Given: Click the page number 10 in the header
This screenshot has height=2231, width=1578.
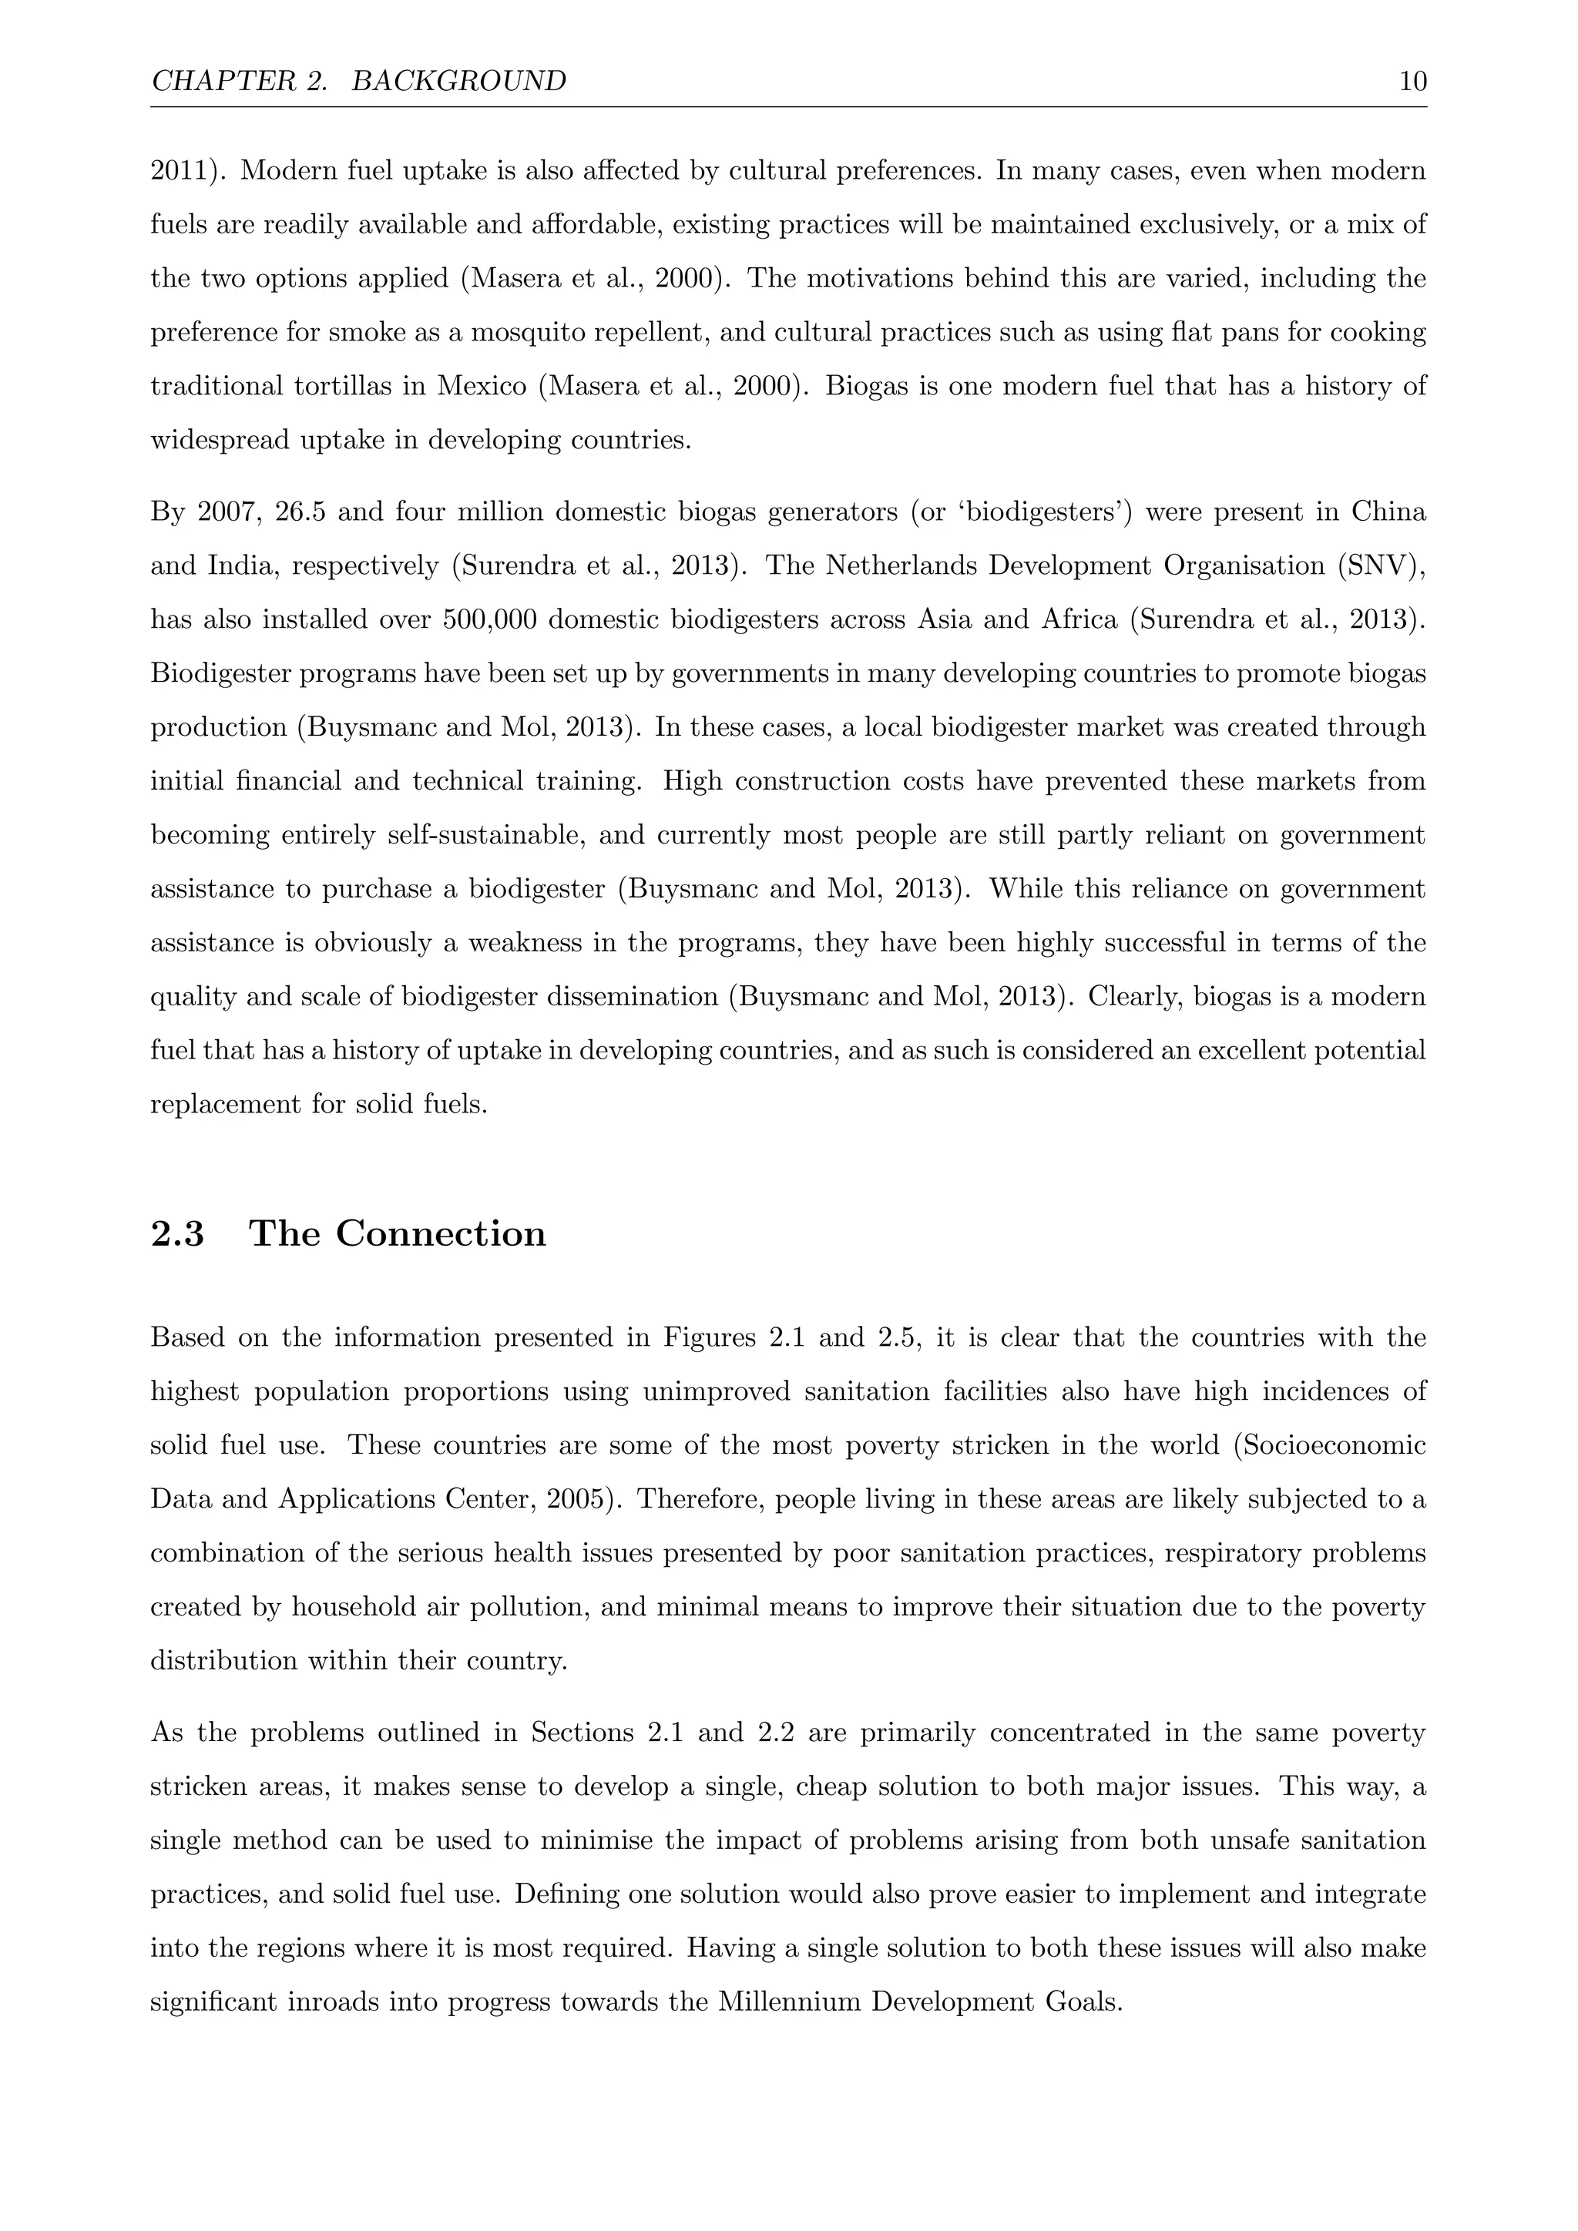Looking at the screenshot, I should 1412,81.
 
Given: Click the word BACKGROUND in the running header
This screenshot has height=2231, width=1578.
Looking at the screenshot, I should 458,81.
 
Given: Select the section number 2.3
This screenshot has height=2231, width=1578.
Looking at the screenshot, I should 178,1233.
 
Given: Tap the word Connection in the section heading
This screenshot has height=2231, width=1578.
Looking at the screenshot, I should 442,1233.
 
